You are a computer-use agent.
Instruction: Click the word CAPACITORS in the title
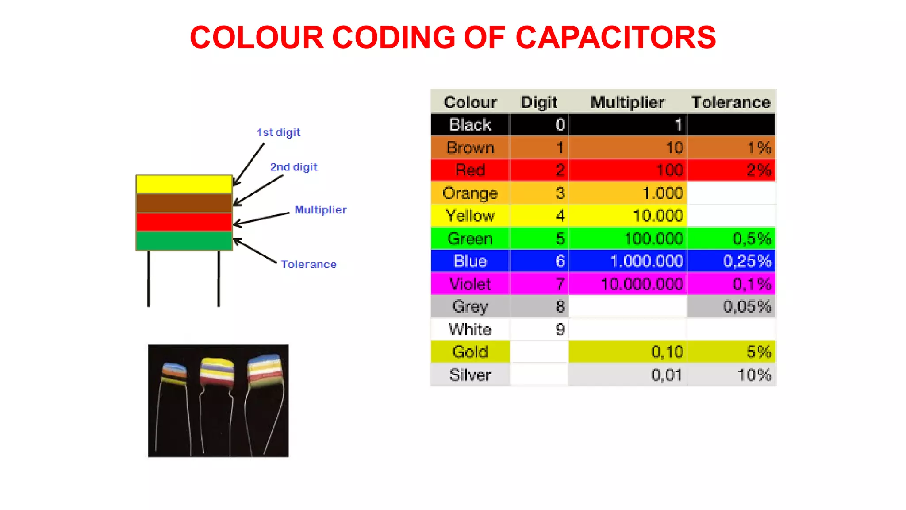(615, 37)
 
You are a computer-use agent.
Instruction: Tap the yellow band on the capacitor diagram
(184, 184)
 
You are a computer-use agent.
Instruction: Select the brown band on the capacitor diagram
(184, 203)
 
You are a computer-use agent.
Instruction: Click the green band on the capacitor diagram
(184, 241)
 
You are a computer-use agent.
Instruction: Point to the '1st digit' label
(278, 132)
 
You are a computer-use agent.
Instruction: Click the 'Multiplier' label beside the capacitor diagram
(321, 210)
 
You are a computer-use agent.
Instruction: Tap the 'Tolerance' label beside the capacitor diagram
(309, 264)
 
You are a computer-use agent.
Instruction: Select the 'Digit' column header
(539, 102)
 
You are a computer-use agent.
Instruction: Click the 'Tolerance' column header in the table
(731, 102)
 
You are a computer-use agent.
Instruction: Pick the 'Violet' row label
(470, 284)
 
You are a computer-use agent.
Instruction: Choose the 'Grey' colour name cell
(470, 306)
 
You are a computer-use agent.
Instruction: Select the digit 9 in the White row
(560, 329)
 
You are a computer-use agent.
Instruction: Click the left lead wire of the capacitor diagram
(149, 279)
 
